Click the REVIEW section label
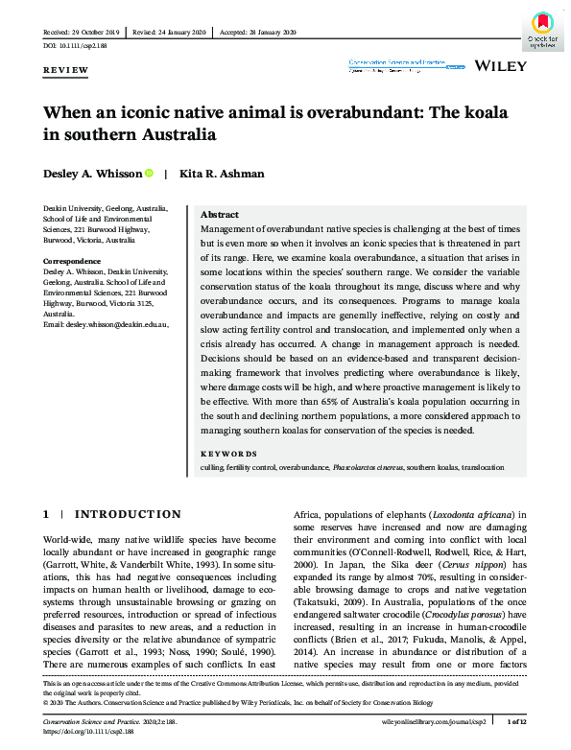tap(65, 70)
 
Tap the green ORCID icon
tap(150, 173)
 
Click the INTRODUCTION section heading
tap(129, 515)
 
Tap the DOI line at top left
tap(75, 46)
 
